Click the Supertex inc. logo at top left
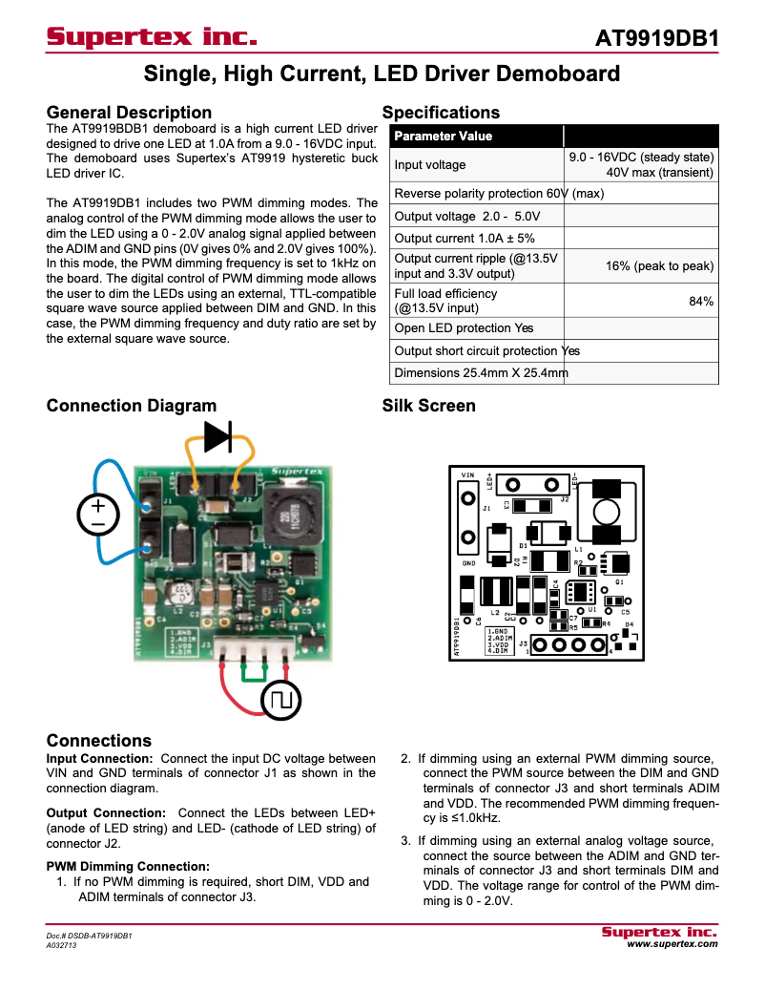click(x=152, y=37)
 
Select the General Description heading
click(x=129, y=113)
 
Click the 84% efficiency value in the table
click(x=701, y=301)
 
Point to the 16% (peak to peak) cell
click(x=659, y=266)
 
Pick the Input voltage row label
click(x=430, y=164)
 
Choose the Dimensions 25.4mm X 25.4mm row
click(x=481, y=372)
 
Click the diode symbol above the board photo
click(x=218, y=436)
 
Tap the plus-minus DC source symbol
click(x=97, y=515)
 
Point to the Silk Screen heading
click(x=428, y=406)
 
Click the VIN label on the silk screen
click(x=467, y=474)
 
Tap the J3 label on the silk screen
click(x=523, y=645)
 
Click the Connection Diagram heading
click(x=132, y=406)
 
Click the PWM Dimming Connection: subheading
click(x=128, y=866)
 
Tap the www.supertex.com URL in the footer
click(x=672, y=943)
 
